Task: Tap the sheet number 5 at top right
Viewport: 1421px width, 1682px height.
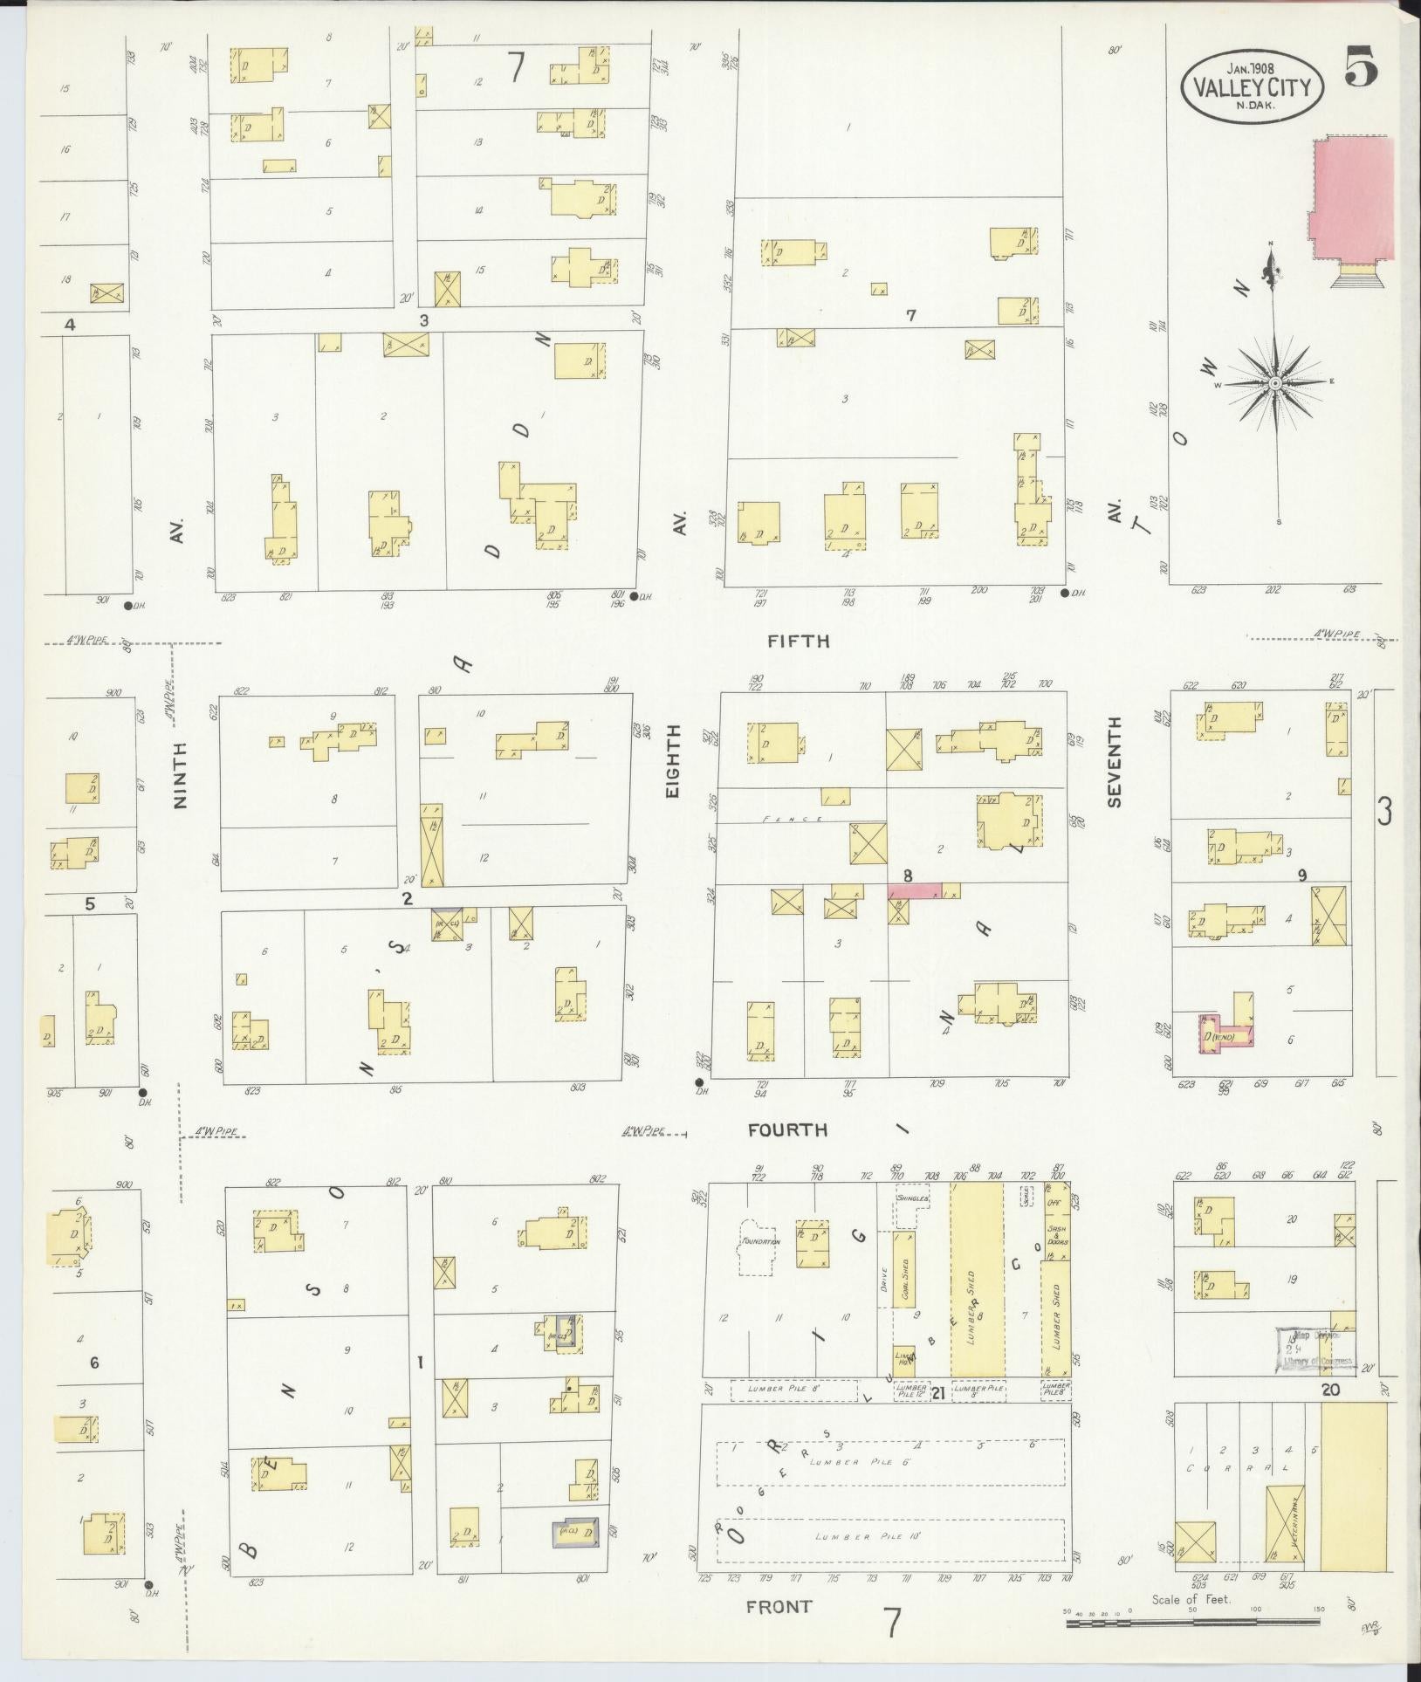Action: (x=1360, y=65)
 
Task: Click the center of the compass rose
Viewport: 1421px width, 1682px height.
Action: (x=1274, y=383)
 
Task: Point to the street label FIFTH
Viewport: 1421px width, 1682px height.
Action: (x=798, y=641)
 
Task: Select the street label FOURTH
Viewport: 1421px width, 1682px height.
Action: (x=787, y=1130)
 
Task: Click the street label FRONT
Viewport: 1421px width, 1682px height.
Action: (x=779, y=1606)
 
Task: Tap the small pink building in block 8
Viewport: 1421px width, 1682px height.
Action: (x=915, y=890)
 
